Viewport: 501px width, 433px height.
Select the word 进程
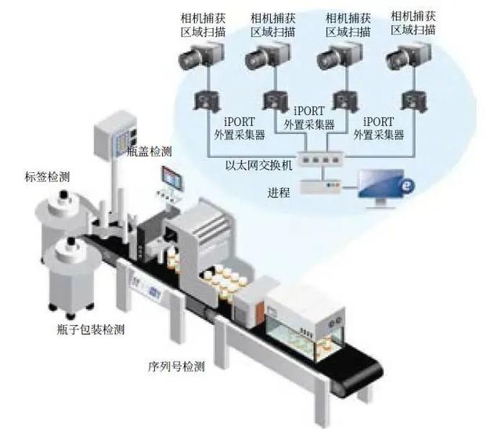coord(279,192)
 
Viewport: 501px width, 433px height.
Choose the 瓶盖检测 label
coord(149,151)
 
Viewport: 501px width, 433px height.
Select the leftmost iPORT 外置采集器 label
coord(239,128)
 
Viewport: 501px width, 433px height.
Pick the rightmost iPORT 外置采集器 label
coord(378,128)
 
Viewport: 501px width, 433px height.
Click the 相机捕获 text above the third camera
coord(342,17)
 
